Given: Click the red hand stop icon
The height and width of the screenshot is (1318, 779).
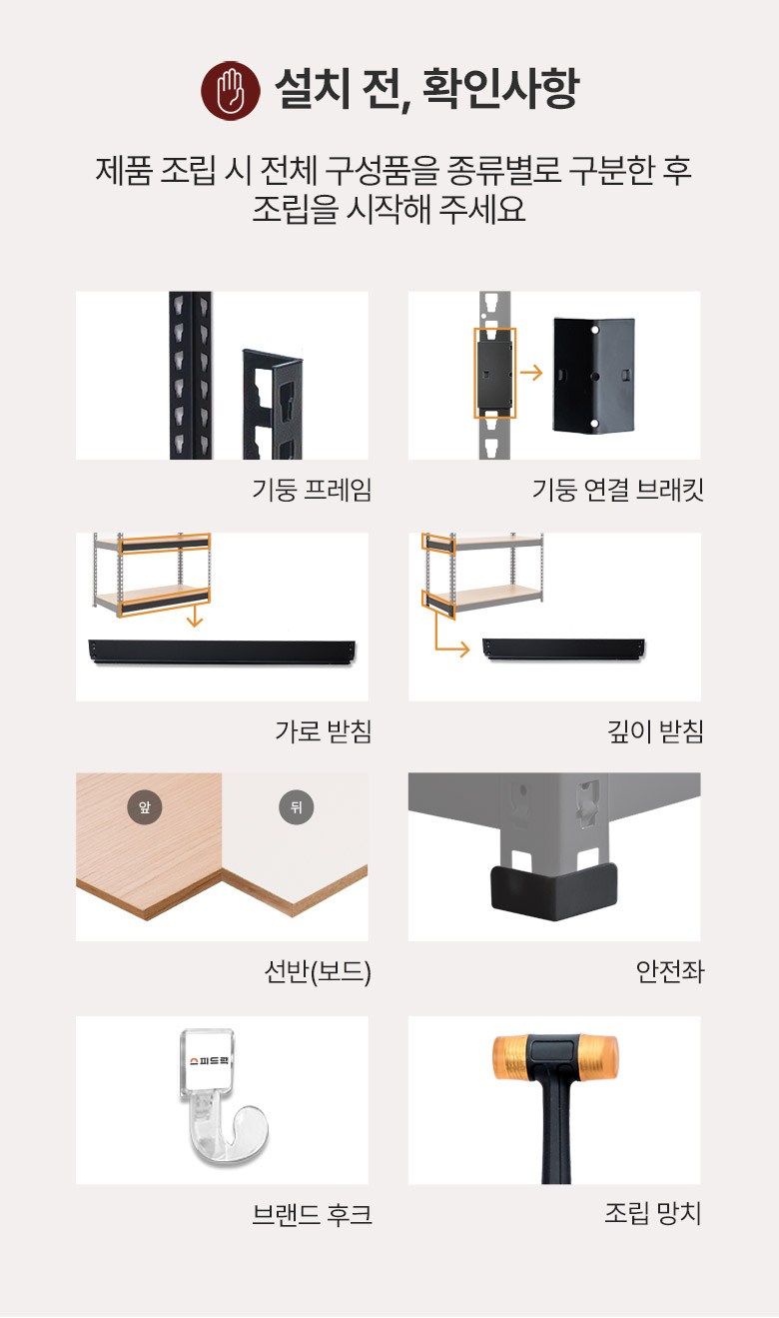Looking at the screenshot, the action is [231, 91].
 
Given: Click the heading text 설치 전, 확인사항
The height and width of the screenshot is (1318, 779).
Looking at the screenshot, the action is [427, 88].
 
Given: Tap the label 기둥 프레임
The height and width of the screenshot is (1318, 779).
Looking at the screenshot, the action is [312, 490].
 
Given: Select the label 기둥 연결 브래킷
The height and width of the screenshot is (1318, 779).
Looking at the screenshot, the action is [617, 490].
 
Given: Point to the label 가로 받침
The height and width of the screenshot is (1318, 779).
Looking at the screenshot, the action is [324, 731].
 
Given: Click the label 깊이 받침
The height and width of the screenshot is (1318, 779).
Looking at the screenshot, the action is [655, 731].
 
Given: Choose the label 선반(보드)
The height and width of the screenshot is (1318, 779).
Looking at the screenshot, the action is [318, 972].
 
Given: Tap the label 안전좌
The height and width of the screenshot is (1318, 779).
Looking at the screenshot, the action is [670, 971].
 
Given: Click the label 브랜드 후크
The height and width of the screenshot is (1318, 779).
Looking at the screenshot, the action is [312, 1214].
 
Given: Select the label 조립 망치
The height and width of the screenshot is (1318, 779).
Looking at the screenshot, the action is [652, 1213].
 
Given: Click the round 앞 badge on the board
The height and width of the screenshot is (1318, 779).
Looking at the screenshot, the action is [145, 806].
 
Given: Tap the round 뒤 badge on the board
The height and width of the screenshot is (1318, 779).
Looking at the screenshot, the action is [297, 806].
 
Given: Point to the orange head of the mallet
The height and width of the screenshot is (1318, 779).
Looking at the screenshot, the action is [555, 1058].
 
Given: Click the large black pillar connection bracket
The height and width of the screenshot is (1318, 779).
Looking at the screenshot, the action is [594, 376].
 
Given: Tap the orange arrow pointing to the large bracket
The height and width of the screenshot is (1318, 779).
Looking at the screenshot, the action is [531, 373].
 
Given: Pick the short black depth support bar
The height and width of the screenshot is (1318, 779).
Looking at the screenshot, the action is [564, 650].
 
